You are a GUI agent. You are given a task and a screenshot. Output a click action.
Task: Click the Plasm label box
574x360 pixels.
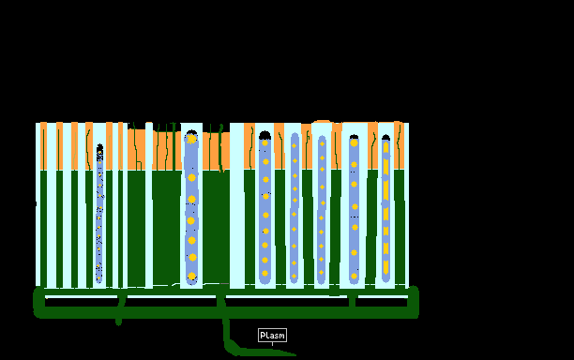(x=272, y=335)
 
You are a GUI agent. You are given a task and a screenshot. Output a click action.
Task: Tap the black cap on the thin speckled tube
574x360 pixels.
(x=100, y=146)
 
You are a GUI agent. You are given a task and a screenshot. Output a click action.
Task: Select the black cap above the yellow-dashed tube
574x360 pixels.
(x=385, y=138)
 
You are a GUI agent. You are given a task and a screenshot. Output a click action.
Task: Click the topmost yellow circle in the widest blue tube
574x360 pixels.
(x=191, y=139)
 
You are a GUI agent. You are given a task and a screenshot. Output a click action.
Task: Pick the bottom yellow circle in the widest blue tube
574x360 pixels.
(x=192, y=277)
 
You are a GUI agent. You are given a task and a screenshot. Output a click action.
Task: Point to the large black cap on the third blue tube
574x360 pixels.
(x=264, y=135)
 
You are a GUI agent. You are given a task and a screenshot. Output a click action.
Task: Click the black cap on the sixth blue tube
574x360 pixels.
(x=354, y=137)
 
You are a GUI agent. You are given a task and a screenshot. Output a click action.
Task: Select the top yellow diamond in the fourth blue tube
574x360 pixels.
(x=294, y=145)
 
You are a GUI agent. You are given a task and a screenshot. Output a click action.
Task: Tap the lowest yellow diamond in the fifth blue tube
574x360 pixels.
(x=321, y=272)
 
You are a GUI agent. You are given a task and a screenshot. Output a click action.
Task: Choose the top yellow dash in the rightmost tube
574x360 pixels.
(x=385, y=147)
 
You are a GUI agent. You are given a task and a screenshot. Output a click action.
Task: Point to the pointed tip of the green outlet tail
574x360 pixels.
(x=295, y=354)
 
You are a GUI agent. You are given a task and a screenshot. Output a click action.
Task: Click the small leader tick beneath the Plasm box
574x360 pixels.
(x=272, y=344)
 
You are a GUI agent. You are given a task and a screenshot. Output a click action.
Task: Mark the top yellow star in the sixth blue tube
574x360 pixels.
(x=354, y=142)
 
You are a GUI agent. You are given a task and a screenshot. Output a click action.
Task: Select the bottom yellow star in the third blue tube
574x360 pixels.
(x=265, y=274)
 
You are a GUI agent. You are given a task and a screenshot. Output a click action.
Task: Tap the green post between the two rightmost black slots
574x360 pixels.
(x=352, y=302)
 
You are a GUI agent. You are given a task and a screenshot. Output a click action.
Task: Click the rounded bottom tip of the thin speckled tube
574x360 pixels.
(x=98, y=281)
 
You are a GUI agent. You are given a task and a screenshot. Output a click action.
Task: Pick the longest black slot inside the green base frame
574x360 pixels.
(x=286, y=303)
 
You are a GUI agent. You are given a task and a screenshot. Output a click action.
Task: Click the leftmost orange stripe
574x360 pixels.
(x=43, y=146)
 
